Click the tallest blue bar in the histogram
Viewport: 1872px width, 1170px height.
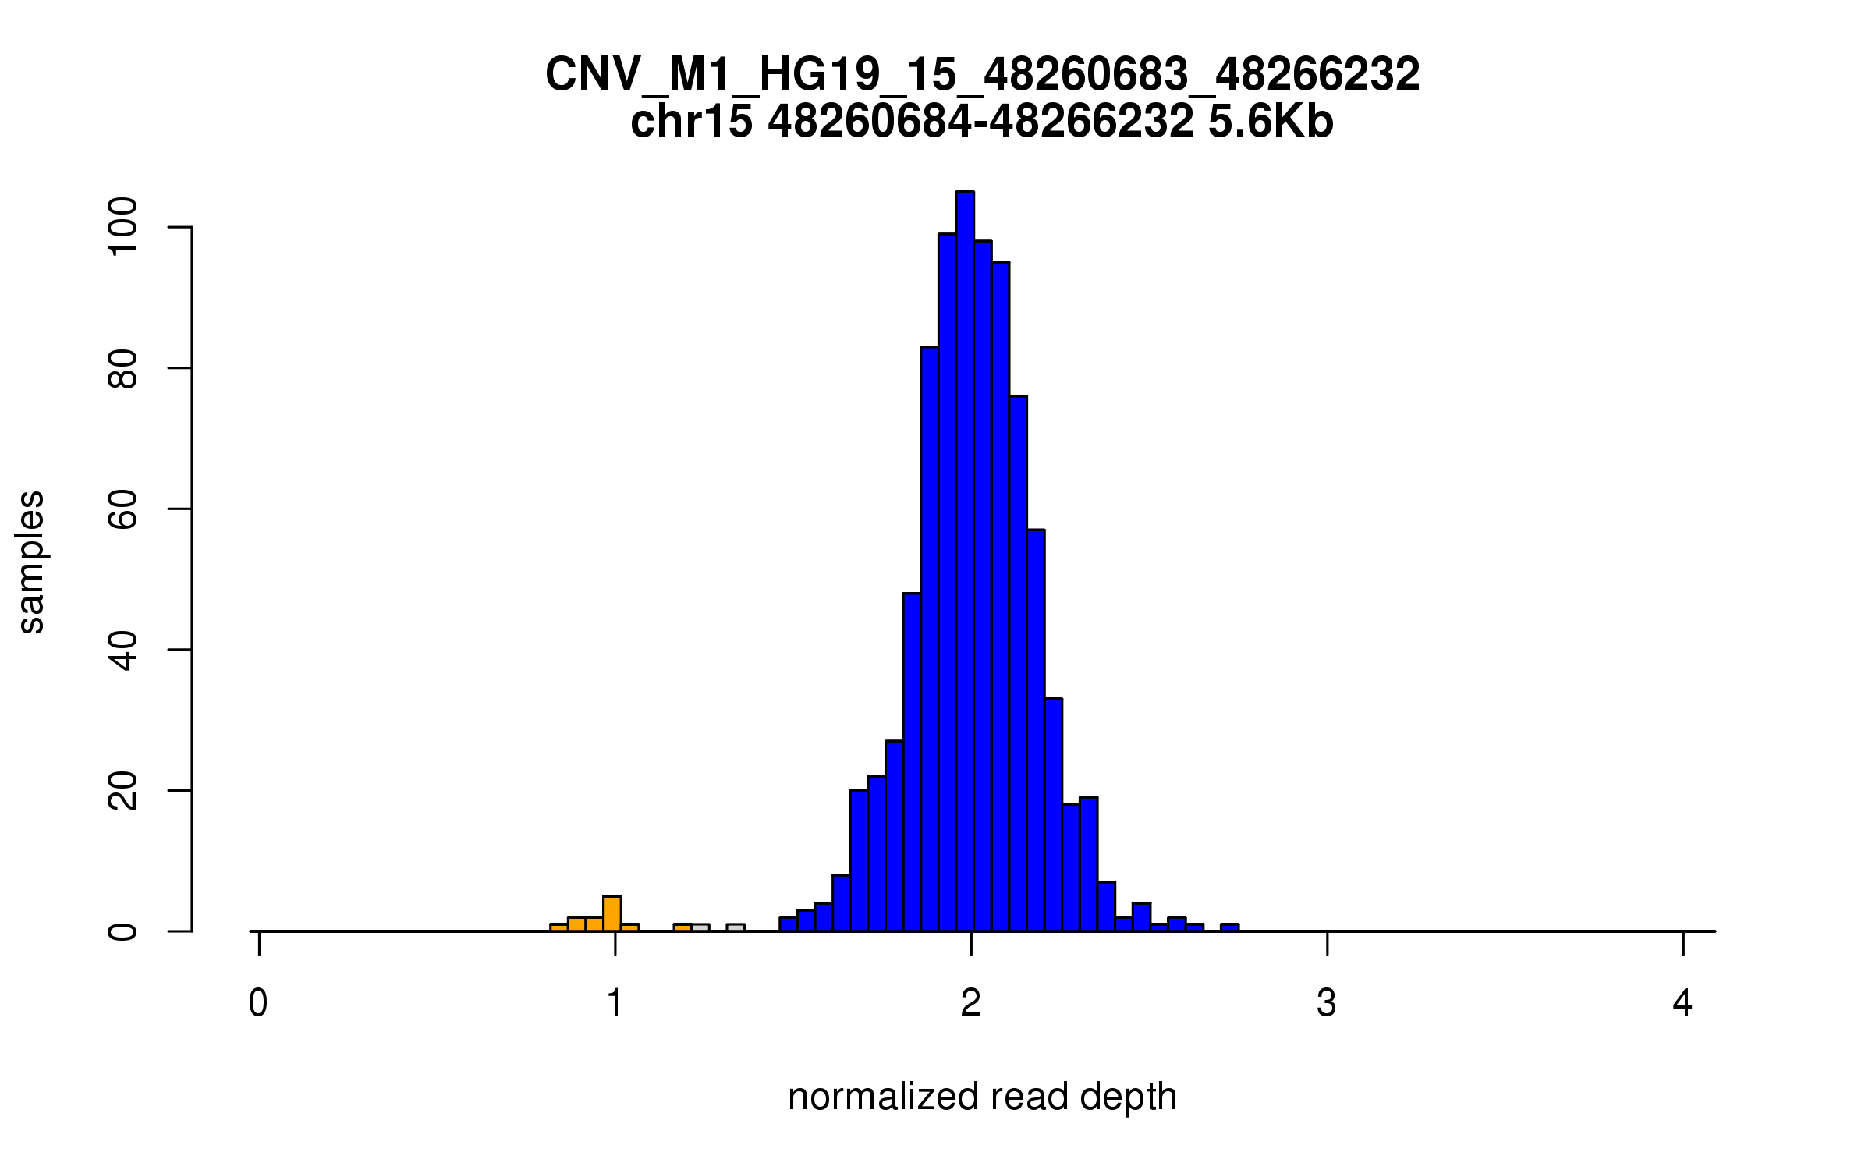click(x=965, y=562)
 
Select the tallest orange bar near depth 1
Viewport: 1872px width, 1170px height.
click(x=612, y=913)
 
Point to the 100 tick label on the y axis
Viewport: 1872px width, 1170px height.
click(x=123, y=227)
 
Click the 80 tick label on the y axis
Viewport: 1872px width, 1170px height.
click(x=123, y=368)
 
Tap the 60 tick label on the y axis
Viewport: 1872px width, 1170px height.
click(x=123, y=509)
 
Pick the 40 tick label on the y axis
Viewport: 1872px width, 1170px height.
click(x=123, y=650)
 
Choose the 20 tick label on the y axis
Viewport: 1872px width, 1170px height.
click(x=123, y=791)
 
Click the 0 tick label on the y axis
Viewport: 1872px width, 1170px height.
click(x=123, y=931)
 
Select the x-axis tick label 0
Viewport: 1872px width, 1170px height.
click(x=258, y=1003)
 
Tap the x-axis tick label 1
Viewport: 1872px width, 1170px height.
click(x=615, y=1003)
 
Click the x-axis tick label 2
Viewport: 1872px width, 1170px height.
click(x=970, y=1003)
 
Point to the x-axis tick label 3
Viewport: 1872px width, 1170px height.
click(x=1327, y=1003)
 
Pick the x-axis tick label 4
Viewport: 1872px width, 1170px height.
click(x=1682, y=1003)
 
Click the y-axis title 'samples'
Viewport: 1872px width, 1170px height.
click(x=31, y=562)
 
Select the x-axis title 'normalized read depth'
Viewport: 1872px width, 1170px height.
click(x=982, y=1097)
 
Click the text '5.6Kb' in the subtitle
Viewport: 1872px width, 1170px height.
click(x=1271, y=122)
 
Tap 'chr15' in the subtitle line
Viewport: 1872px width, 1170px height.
click(x=691, y=122)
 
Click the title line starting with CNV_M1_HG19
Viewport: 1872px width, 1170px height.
click(x=982, y=75)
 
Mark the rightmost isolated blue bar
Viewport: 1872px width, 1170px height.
click(x=1230, y=927)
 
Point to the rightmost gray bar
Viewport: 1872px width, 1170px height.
click(x=736, y=927)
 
